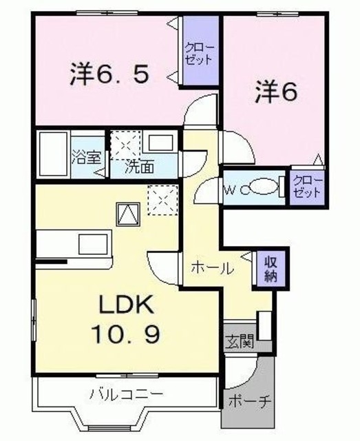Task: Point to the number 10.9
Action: (x=127, y=336)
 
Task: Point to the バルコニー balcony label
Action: (x=126, y=395)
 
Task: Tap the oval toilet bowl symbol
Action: (x=262, y=186)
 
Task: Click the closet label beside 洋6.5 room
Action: (x=199, y=53)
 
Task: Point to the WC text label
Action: (x=231, y=187)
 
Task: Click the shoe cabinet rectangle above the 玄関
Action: (x=263, y=324)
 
